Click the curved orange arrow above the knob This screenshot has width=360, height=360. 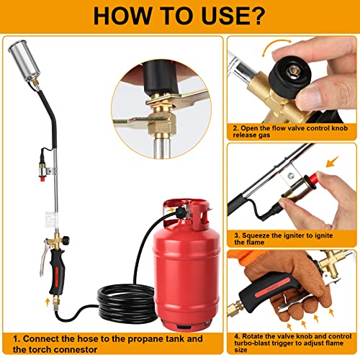[282, 50]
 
